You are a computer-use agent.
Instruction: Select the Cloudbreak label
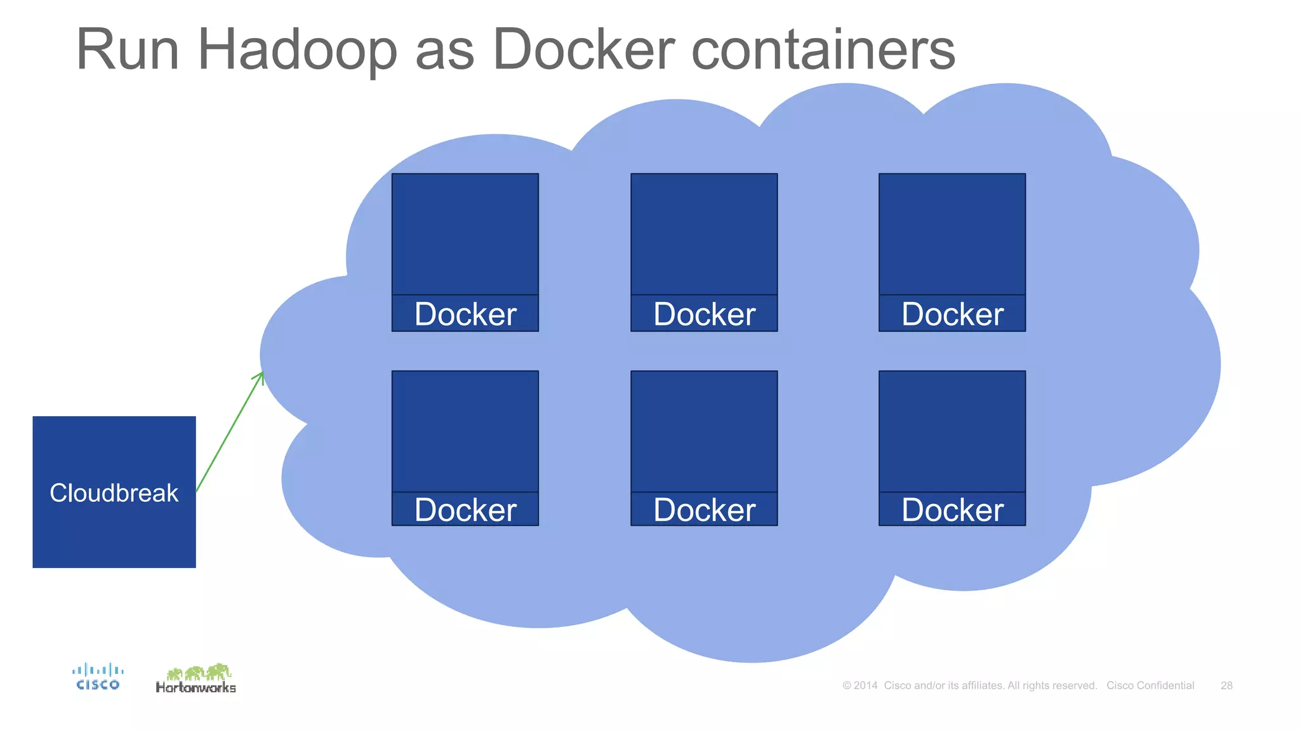(114, 493)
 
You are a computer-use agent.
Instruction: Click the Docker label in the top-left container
(465, 314)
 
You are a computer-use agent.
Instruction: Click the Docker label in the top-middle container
(704, 314)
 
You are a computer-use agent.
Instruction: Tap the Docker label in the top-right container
(952, 314)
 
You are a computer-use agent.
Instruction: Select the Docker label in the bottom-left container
(465, 510)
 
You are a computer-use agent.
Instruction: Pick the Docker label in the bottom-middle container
(704, 510)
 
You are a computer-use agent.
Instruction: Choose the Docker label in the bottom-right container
(952, 510)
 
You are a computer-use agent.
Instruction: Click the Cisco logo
(98, 677)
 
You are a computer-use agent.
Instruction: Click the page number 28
(1226, 685)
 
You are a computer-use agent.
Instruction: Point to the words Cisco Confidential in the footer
(1150, 685)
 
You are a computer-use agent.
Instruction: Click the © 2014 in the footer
(860, 685)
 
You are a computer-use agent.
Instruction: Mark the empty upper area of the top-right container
(952, 234)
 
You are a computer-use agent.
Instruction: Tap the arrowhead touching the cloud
(261, 376)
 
